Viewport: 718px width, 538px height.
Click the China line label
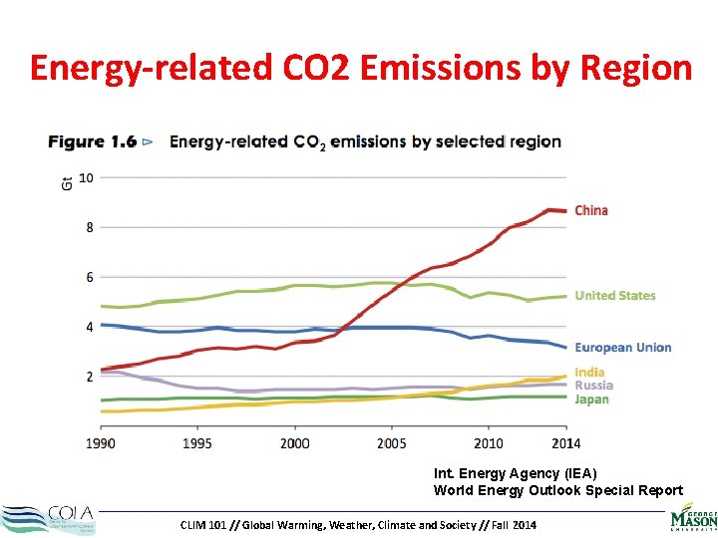(x=591, y=210)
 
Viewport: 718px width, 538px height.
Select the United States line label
(x=615, y=295)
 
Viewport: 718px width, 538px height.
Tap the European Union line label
(x=623, y=348)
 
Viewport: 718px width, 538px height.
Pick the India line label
(x=589, y=373)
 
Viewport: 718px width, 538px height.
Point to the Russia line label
(x=593, y=386)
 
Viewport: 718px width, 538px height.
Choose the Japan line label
(x=591, y=400)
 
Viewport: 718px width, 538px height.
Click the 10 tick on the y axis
(x=86, y=177)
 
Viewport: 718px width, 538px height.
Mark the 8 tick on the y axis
(x=88, y=227)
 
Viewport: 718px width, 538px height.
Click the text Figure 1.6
(x=93, y=141)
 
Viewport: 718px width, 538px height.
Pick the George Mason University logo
(x=693, y=518)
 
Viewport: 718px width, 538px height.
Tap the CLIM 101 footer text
(x=358, y=524)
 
